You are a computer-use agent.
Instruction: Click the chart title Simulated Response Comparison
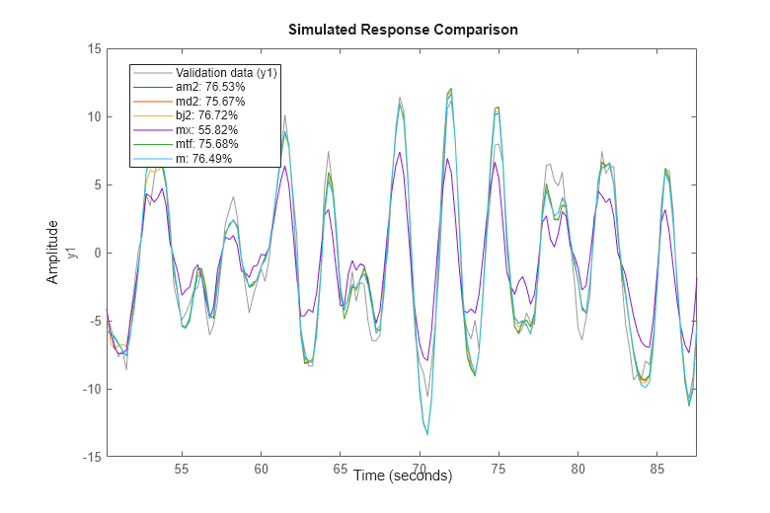pos(403,30)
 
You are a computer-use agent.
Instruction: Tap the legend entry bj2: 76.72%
pos(206,115)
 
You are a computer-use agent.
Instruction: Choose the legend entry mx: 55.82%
pos(206,130)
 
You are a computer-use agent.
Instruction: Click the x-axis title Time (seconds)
pos(402,476)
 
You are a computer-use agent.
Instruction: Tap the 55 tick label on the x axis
pos(182,471)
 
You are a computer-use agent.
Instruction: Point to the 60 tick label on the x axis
pos(261,471)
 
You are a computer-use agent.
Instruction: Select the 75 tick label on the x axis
pos(499,471)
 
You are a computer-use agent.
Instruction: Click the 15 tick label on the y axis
pos(93,48)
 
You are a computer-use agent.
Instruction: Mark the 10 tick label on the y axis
pos(93,116)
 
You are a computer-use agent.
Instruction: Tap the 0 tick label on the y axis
pos(96,253)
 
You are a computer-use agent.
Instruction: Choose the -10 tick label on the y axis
pos(90,389)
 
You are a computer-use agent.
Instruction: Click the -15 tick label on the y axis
pos(90,457)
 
